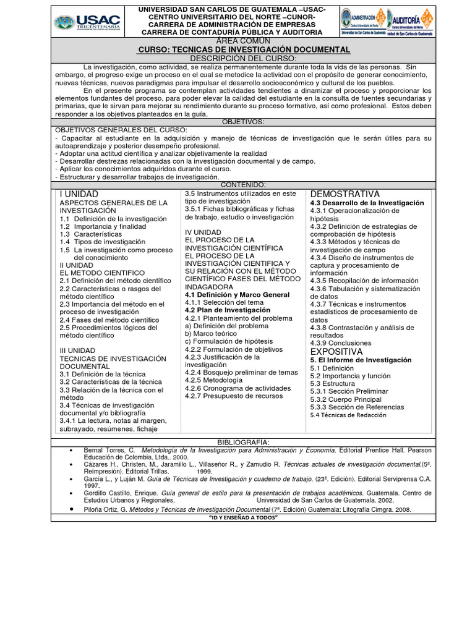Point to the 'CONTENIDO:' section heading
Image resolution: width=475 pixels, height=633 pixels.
pyautogui.click(x=243, y=185)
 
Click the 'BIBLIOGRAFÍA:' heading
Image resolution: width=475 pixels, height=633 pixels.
pyautogui.click(x=243, y=443)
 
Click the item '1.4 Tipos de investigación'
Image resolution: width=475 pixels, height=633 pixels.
pyautogui.click(x=103, y=242)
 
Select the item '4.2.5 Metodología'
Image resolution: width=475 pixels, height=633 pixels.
pyautogui.click(x=213, y=380)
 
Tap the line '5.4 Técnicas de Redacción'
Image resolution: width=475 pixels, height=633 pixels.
pyautogui.click(x=348, y=415)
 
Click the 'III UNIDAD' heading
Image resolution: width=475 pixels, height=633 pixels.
pyautogui.click(x=77, y=350)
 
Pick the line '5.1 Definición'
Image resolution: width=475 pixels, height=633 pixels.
pyautogui.click(x=333, y=368)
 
